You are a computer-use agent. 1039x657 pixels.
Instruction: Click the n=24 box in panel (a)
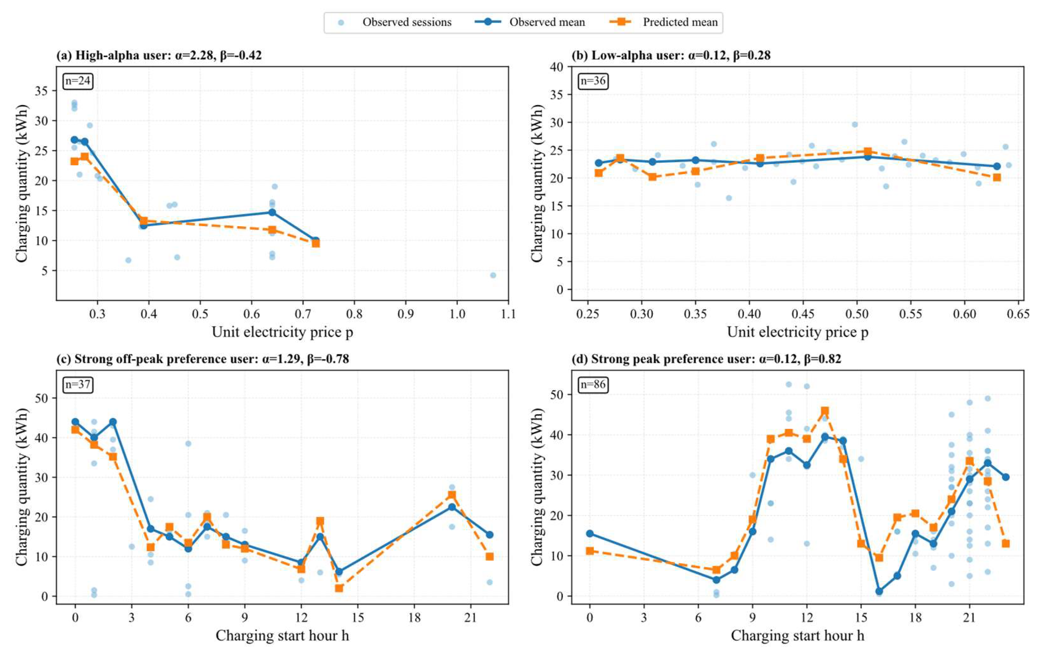click(78, 81)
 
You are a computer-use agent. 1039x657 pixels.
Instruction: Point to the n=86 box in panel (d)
click(593, 384)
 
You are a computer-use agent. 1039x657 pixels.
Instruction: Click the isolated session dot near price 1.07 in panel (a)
click(493, 275)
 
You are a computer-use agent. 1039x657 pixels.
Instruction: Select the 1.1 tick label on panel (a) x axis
click(508, 314)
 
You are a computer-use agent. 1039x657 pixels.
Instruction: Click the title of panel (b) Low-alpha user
click(671, 55)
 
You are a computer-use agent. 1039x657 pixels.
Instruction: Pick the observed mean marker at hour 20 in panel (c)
click(452, 507)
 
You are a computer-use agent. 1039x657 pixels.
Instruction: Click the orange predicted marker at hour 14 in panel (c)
click(339, 588)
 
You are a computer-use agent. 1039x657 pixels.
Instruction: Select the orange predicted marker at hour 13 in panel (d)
click(825, 411)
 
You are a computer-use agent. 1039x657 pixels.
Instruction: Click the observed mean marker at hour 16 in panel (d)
click(879, 591)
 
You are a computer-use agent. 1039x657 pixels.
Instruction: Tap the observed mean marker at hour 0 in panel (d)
click(590, 534)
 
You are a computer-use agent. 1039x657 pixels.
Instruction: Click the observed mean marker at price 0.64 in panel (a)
click(272, 212)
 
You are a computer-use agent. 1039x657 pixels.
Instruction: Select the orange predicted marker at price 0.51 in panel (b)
click(867, 152)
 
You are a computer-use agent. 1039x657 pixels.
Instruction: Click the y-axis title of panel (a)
click(21, 184)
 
